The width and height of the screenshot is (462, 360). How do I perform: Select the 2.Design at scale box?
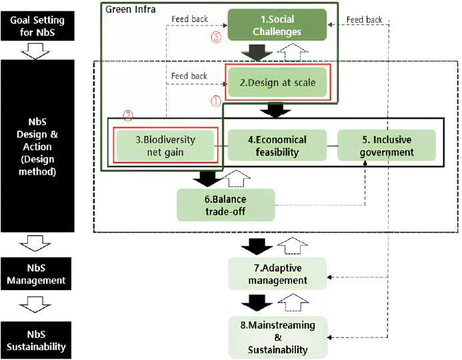click(277, 83)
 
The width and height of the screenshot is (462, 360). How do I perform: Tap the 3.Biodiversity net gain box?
click(165, 145)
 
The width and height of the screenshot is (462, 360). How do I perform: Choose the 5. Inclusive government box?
click(386, 145)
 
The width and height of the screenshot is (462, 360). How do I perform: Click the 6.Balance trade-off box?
click(225, 204)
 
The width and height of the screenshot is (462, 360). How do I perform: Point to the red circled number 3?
click(215, 37)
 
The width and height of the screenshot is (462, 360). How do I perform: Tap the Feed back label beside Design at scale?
click(189, 76)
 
